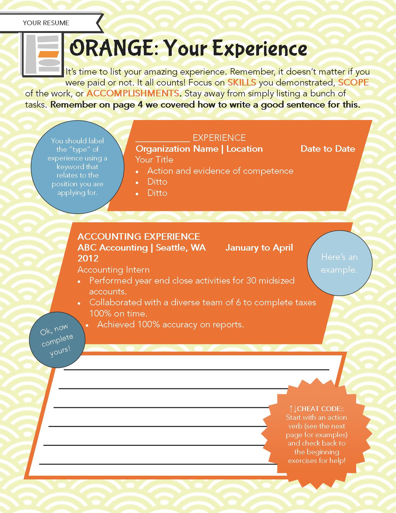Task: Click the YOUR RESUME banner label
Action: (x=46, y=23)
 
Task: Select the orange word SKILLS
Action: (x=242, y=82)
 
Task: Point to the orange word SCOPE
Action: (x=353, y=82)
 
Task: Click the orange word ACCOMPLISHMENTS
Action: (x=133, y=93)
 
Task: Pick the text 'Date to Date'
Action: (x=328, y=149)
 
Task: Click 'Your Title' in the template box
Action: (x=154, y=160)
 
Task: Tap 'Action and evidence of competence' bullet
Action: (x=220, y=171)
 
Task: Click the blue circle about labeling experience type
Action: (x=77, y=167)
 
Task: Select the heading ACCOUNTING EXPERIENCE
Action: (x=139, y=237)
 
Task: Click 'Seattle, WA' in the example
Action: (x=181, y=248)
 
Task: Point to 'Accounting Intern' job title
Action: (x=113, y=270)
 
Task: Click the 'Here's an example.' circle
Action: (x=339, y=263)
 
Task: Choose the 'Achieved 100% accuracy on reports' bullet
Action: (x=170, y=325)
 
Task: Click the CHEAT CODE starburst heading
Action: (x=316, y=409)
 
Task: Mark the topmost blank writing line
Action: (x=196, y=370)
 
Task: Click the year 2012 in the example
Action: (x=88, y=258)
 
